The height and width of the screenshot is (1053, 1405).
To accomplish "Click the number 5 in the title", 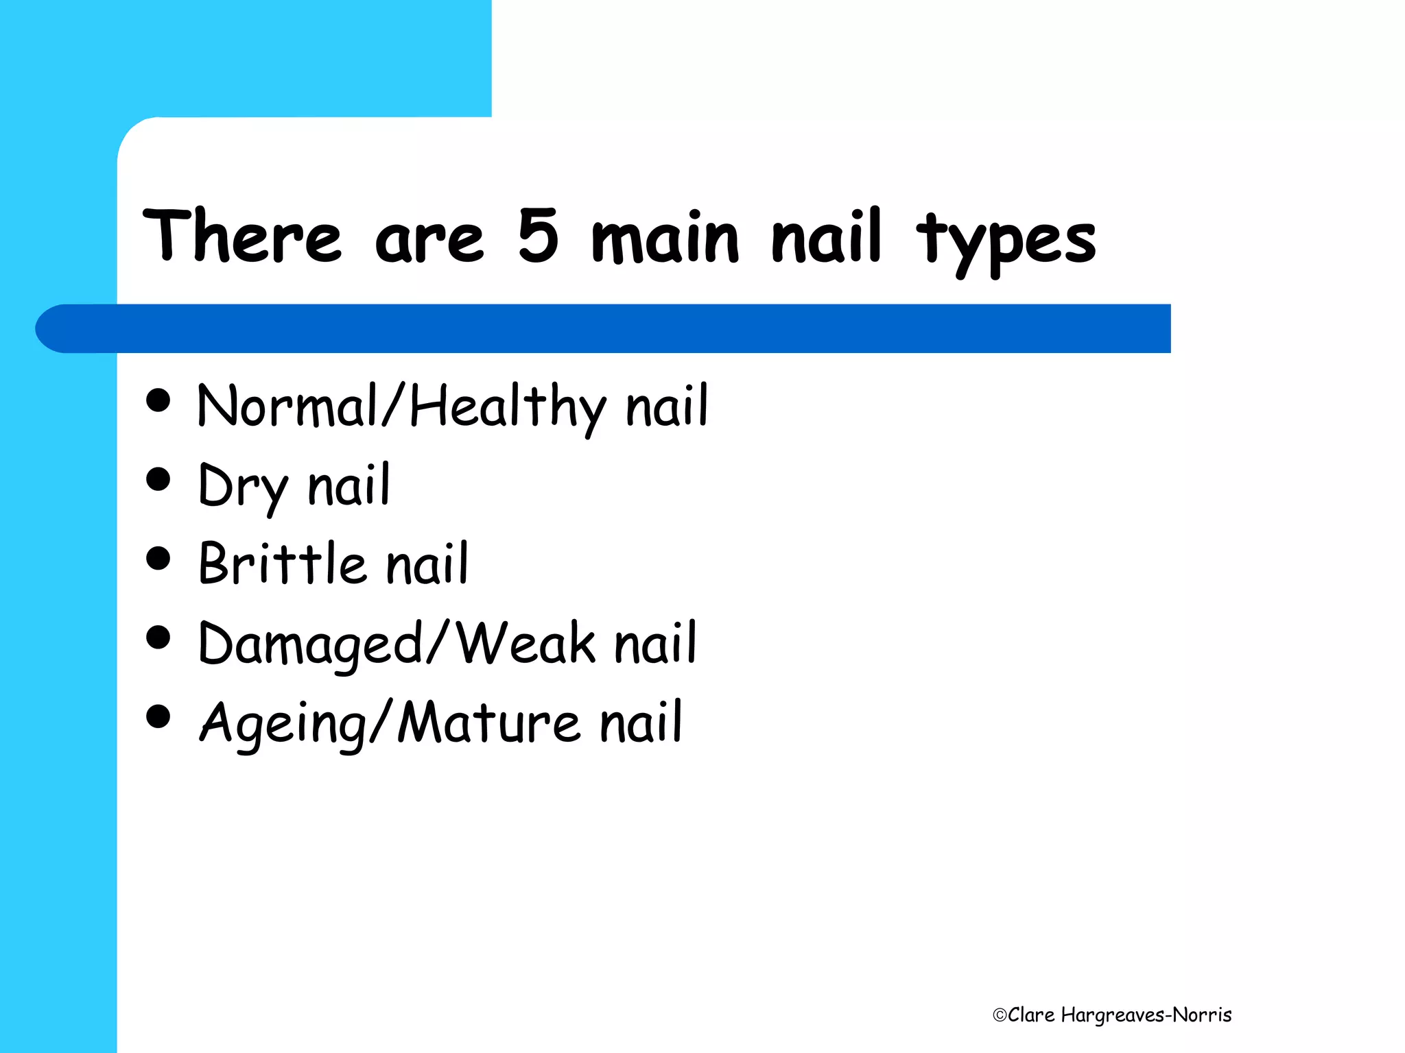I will click(539, 237).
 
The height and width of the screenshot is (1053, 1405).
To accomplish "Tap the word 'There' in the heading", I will click(242, 237).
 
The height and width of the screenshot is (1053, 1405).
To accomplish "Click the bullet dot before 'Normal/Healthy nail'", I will click(158, 400).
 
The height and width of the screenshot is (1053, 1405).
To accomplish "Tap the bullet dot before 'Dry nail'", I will click(158, 479).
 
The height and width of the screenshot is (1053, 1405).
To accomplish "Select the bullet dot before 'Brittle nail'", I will click(158, 558).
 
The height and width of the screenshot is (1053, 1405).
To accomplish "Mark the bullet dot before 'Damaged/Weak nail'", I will click(158, 638).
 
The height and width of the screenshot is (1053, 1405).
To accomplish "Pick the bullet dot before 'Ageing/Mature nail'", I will click(158, 717).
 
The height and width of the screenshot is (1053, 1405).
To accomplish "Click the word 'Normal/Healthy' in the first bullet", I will click(401, 407).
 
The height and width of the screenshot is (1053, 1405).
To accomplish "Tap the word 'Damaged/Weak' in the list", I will click(397, 644).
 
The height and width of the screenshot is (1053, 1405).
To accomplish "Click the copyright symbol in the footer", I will click(1000, 1015).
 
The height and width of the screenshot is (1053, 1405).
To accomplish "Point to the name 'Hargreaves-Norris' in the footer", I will click(1146, 1015).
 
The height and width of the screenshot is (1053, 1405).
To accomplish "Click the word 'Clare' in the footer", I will click(1031, 1015).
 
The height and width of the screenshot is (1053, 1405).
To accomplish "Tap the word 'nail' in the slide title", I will click(826, 237).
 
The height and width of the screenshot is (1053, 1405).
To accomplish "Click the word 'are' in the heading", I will click(429, 240).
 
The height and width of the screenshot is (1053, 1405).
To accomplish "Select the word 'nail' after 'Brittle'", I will click(427, 564).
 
